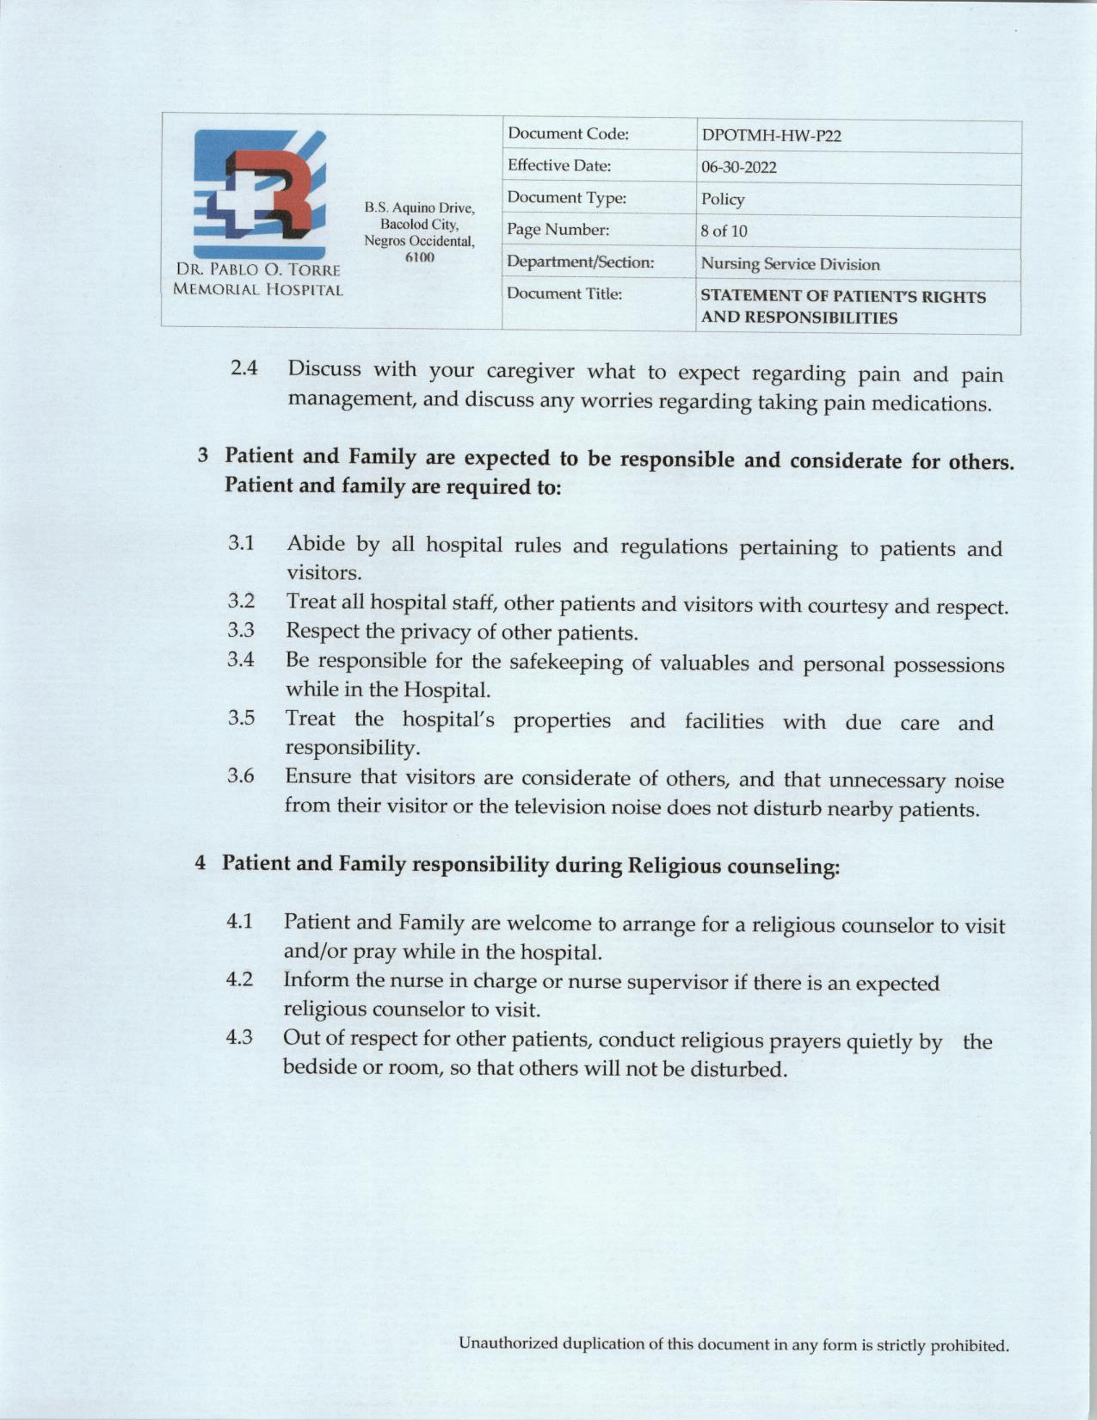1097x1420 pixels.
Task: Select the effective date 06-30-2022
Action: click(x=738, y=167)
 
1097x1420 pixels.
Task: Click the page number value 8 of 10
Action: click(x=724, y=231)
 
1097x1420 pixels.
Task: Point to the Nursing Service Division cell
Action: click(x=790, y=264)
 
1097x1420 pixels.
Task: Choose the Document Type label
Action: click(x=566, y=198)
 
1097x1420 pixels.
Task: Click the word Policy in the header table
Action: click(x=722, y=199)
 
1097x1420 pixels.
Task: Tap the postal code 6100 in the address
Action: click(x=419, y=257)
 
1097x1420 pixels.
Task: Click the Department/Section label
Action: click(x=580, y=262)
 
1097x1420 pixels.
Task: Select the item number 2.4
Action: click(x=244, y=368)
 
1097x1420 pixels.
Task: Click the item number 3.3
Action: click(x=241, y=630)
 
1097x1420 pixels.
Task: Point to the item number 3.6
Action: click(x=241, y=775)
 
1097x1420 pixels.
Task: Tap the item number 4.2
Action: click(x=239, y=979)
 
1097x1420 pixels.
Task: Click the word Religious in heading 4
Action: click(x=675, y=865)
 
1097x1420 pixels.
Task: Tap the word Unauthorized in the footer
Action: click(x=508, y=1343)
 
